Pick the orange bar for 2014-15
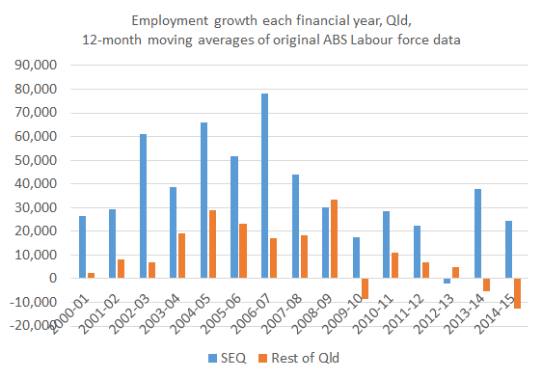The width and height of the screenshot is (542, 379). coord(517,293)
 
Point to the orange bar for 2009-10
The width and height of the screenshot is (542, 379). coord(365,288)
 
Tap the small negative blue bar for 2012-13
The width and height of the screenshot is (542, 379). coord(447,281)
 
